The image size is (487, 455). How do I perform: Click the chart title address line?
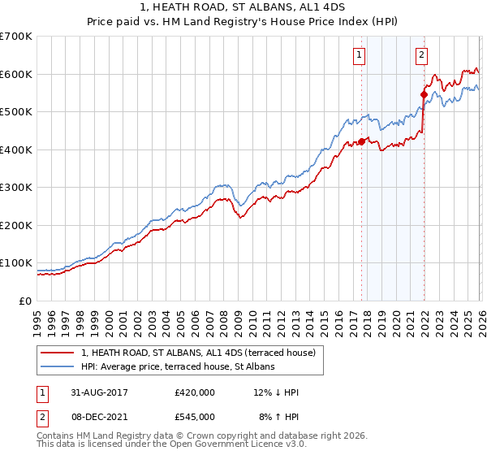point(243,7)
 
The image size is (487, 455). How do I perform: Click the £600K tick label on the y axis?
point(16,74)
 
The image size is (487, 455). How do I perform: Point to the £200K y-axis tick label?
point(16,225)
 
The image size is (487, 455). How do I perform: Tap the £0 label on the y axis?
point(25,301)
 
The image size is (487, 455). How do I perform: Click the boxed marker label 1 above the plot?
point(359,55)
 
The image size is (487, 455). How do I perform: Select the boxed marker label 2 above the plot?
point(422,55)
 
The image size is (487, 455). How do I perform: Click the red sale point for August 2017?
point(361,141)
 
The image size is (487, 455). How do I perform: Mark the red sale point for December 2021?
point(424,94)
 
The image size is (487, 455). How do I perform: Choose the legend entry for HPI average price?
point(178,367)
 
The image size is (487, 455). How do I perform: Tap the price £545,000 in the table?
point(195,416)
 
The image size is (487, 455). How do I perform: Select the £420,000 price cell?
point(195,392)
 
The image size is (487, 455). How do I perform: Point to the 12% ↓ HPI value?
point(276,392)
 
